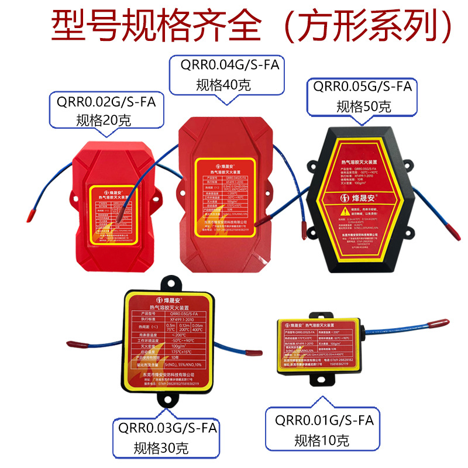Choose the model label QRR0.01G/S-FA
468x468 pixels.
(321, 421)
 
